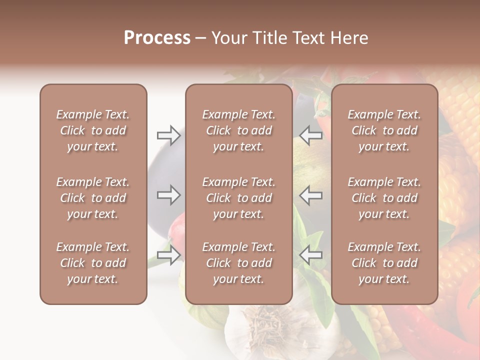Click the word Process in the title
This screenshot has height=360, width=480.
click(x=157, y=37)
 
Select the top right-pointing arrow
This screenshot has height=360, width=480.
click(x=169, y=135)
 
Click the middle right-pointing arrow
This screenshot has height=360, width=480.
click(x=169, y=194)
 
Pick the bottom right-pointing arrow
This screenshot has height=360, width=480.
click(x=169, y=255)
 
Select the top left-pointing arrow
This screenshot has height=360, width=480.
click(x=310, y=135)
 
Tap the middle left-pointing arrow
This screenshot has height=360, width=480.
click(x=310, y=194)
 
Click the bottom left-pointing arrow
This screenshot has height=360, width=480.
click(x=310, y=255)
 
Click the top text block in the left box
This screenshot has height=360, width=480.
click(x=93, y=130)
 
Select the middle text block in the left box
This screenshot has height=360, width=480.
click(x=93, y=198)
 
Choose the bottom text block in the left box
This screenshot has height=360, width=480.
click(x=93, y=263)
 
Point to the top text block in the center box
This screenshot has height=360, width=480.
click(x=239, y=130)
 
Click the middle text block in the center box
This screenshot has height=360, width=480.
click(x=239, y=198)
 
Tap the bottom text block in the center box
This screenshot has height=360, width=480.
click(x=239, y=263)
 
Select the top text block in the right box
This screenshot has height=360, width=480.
click(x=384, y=130)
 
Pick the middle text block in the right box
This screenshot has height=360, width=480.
click(x=384, y=198)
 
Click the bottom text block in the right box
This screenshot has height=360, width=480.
click(x=384, y=263)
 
